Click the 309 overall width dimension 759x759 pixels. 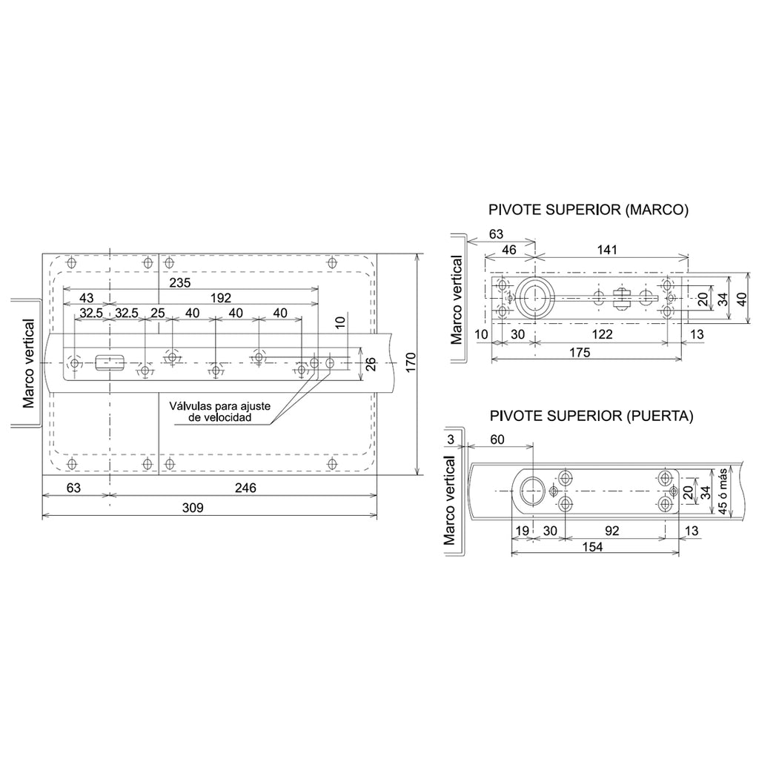[x=193, y=508]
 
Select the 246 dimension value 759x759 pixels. [x=245, y=488]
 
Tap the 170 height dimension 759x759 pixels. [x=411, y=362]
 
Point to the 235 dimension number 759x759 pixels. [x=180, y=282]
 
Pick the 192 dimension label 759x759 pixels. [x=221, y=298]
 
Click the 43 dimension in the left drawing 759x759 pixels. [x=86, y=298]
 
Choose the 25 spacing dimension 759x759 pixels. [x=158, y=314]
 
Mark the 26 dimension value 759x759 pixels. [x=371, y=364]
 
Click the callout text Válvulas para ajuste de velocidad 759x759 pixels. [x=219, y=411]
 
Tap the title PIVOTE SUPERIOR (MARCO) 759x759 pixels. [x=588, y=210]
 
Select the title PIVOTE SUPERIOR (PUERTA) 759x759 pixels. [x=591, y=416]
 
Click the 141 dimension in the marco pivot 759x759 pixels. [x=607, y=250]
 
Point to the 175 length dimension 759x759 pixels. [x=580, y=352]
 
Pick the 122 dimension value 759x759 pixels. [x=602, y=334]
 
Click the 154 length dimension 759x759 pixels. [x=592, y=547]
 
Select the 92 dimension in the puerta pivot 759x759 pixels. [x=611, y=531]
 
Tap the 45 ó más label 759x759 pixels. [x=722, y=491]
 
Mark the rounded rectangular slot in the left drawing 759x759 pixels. [x=110, y=362]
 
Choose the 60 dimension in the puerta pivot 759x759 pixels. [x=497, y=440]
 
